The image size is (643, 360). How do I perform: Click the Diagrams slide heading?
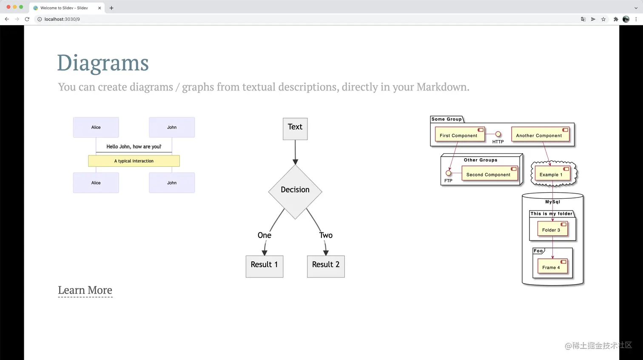tap(103, 63)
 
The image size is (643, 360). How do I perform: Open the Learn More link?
tap(85, 290)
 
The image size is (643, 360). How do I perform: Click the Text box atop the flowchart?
tap(295, 129)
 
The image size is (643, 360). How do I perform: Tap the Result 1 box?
tap(264, 266)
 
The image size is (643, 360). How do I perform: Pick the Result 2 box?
tap(326, 266)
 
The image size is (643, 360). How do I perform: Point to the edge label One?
tap(264, 235)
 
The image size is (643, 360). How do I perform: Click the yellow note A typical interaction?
tap(134, 161)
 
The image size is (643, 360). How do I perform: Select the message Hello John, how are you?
tap(134, 147)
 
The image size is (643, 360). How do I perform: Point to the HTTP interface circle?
tap(498, 134)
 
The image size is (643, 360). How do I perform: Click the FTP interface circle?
tap(448, 173)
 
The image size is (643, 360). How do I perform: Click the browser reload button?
tap(27, 19)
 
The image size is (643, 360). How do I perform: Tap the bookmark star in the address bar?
tap(603, 19)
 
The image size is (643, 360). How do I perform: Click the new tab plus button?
tap(111, 8)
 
